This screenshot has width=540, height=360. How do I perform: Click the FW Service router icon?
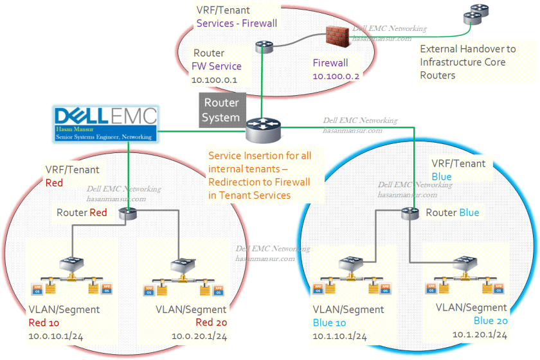point(264,46)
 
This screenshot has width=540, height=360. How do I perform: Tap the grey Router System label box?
point(221,110)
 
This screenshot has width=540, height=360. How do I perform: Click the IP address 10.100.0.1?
point(215,81)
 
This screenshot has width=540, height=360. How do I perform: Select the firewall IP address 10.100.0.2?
point(336,76)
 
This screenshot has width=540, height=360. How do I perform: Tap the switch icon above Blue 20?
point(464,264)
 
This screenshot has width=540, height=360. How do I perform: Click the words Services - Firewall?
point(237,24)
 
